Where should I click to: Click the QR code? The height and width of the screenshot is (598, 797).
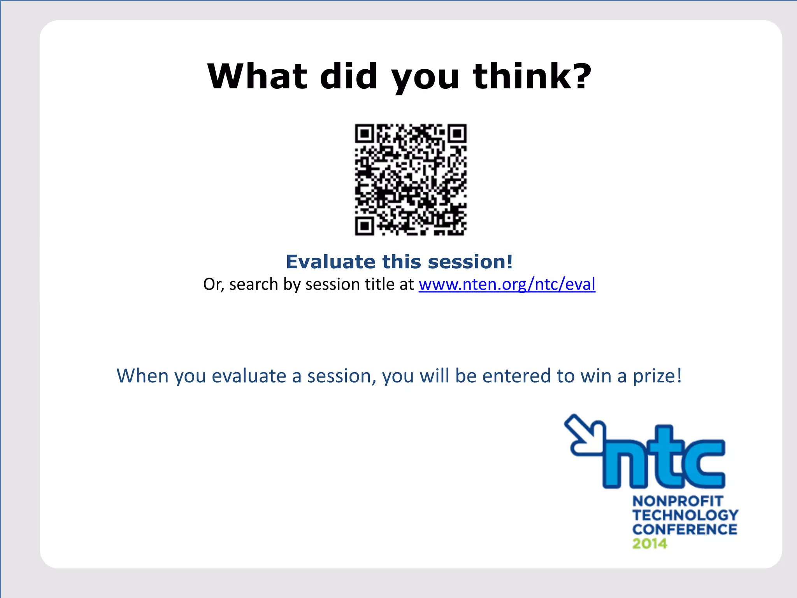(411, 179)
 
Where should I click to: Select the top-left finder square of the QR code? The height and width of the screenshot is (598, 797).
(365, 134)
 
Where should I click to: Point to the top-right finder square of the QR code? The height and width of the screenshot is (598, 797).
(457, 134)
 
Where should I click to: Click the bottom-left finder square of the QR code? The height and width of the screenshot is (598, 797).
(365, 226)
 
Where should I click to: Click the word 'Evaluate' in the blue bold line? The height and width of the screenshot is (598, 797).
(331, 262)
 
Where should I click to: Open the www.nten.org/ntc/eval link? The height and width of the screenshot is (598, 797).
(507, 284)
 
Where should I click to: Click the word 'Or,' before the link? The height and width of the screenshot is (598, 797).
(213, 285)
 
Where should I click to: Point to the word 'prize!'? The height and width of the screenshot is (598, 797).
(657, 376)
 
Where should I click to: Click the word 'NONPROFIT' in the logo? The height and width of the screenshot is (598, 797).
(678, 501)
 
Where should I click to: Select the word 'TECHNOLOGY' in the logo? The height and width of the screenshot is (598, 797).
(685, 515)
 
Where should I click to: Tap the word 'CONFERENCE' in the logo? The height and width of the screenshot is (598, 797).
(685, 529)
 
